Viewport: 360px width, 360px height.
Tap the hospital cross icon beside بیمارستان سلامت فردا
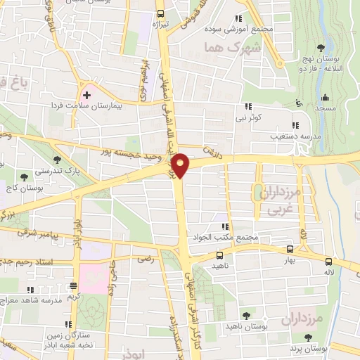click(86, 94)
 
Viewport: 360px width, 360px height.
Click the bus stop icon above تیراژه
click(160, 13)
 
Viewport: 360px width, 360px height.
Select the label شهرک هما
click(221, 46)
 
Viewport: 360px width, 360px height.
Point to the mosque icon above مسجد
click(325, 98)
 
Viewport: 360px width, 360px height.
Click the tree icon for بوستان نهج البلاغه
click(321, 48)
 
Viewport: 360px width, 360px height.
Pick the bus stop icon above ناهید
click(220, 255)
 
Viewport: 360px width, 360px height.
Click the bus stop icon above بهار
click(290, 249)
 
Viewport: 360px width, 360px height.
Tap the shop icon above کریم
click(74, 286)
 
